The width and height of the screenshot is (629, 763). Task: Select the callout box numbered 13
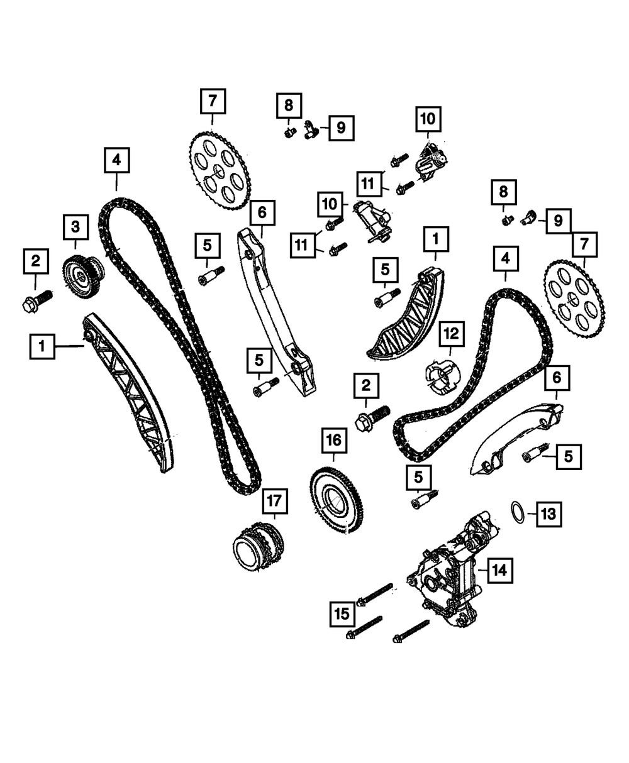(x=545, y=514)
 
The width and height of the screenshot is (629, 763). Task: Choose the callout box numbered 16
(x=333, y=442)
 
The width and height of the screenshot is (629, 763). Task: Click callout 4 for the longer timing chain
(x=117, y=160)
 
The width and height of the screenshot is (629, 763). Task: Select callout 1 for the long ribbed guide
(x=42, y=346)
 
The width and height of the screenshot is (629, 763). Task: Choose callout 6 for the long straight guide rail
(x=261, y=214)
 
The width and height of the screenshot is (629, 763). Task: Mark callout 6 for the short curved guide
(x=557, y=380)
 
